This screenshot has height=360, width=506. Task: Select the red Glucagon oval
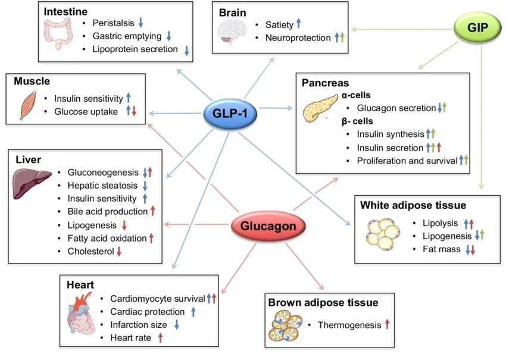[x=268, y=227]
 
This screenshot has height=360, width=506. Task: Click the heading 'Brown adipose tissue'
[x=332, y=303]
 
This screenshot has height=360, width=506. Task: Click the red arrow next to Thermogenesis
[x=387, y=324]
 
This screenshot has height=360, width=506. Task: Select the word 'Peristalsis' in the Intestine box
[x=114, y=23]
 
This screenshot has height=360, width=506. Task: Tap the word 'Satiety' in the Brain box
[x=280, y=24]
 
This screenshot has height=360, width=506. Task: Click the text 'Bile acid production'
[x=108, y=211]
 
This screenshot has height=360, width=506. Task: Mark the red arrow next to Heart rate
[x=160, y=338]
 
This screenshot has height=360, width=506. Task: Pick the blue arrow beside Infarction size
[x=177, y=324]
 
